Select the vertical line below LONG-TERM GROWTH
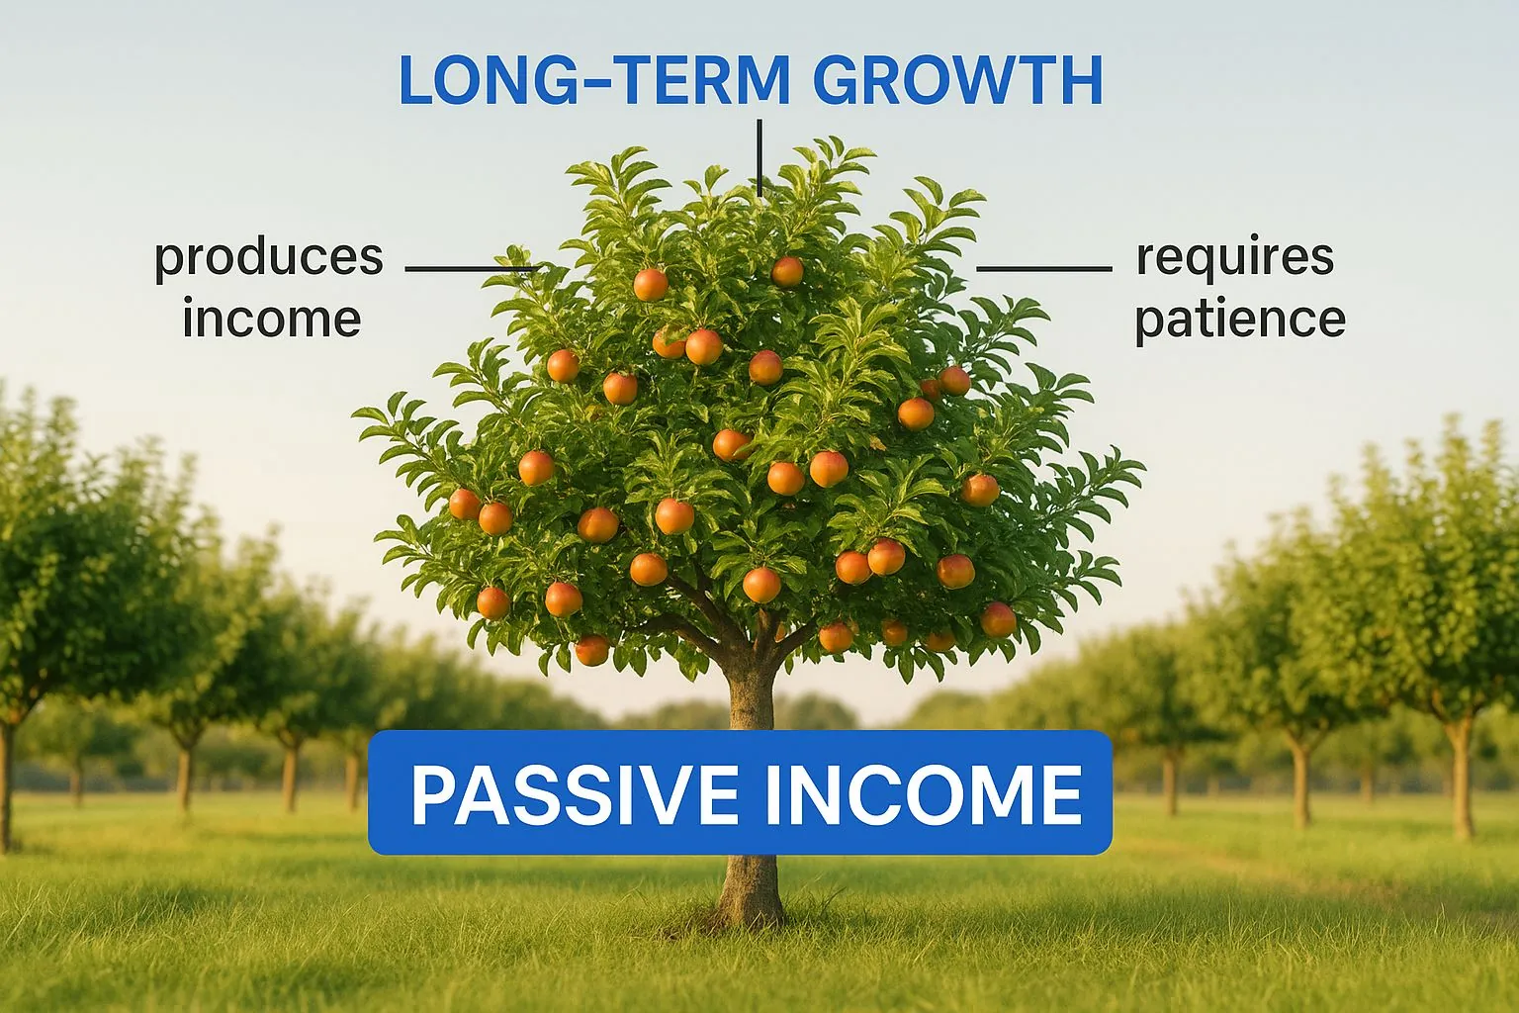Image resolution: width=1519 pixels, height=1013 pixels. point(759,158)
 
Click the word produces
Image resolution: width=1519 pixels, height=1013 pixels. point(268,258)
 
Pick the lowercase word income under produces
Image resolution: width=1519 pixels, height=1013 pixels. point(271,319)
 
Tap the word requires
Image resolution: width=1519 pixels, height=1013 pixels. point(1235,257)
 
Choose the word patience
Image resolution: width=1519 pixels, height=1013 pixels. point(1239,319)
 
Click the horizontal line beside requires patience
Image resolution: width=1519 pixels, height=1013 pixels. point(1044,268)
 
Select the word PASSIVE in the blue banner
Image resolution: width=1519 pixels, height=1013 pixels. point(568,794)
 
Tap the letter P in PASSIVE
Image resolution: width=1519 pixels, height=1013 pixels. point(432,794)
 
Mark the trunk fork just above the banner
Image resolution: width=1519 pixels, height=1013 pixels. point(757,653)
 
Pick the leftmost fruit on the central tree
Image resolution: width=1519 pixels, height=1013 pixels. point(464,504)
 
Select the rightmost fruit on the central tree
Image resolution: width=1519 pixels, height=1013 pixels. point(998,619)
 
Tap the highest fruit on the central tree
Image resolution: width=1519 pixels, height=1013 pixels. point(787,271)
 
